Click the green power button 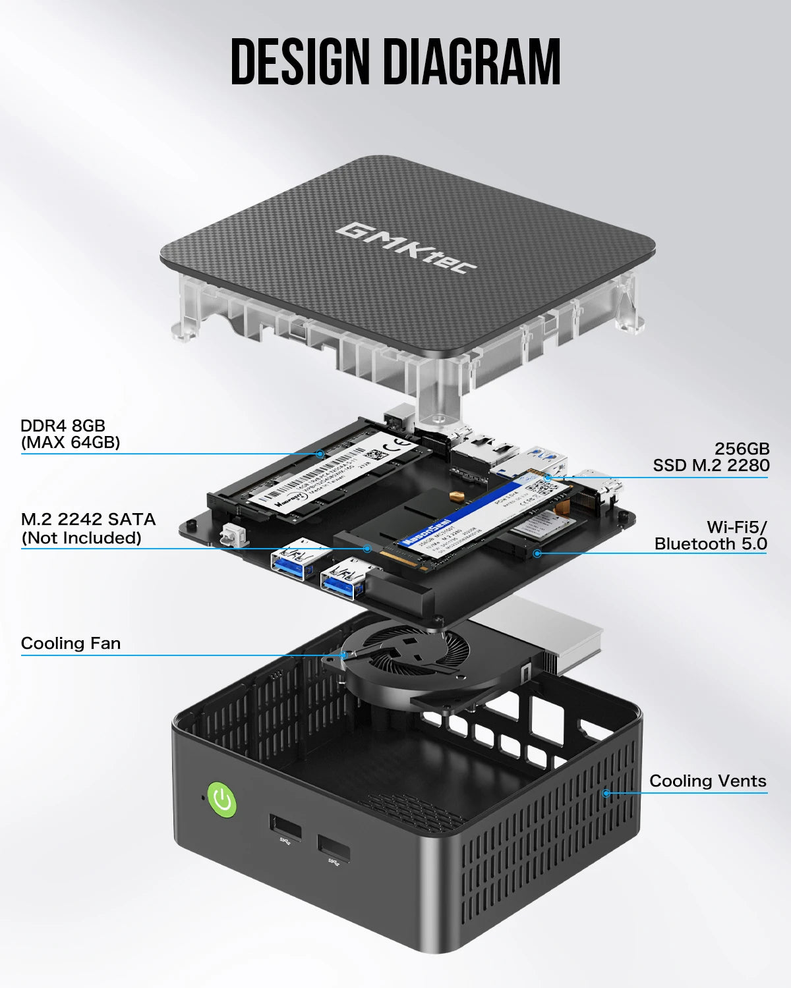[222, 800]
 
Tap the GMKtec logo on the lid [406, 248]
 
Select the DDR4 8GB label [63, 425]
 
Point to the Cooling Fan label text [71, 643]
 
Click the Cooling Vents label [708, 781]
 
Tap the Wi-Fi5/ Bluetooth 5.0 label [711, 535]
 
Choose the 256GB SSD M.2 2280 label [711, 457]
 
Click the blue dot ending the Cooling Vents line [606, 793]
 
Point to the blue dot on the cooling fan [343, 655]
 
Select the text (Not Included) [82, 538]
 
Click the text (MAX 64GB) [71, 443]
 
